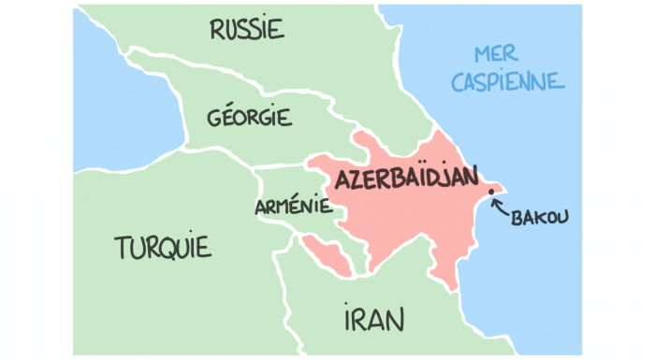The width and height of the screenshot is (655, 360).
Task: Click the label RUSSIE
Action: point(247,30)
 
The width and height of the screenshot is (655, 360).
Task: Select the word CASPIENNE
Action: point(508,81)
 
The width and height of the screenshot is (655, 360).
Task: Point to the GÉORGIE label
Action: point(250,119)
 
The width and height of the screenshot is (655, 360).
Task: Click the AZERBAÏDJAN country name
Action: point(405,178)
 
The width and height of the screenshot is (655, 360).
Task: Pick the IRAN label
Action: point(373,320)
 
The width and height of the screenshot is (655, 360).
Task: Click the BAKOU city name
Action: point(540,218)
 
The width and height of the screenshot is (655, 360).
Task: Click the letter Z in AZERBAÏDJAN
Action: point(354,179)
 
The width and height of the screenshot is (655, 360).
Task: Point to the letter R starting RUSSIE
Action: point(218,30)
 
